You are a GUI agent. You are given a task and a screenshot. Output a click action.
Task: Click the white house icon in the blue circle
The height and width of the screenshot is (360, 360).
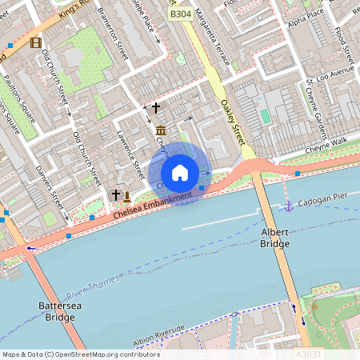coord(180,173)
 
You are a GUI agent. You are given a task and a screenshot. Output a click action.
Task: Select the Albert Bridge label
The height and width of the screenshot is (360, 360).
coord(274,237)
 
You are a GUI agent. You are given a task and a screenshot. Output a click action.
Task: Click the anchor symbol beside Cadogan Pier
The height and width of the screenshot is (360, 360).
coord(289,206)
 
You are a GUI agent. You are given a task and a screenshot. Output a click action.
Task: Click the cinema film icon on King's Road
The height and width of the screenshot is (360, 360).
coord(35,42)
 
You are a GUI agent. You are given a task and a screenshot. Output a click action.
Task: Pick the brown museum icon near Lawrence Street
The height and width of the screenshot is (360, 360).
coord(161,130)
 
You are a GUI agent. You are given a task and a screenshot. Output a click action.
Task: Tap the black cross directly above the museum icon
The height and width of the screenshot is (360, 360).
coord(156,106)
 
